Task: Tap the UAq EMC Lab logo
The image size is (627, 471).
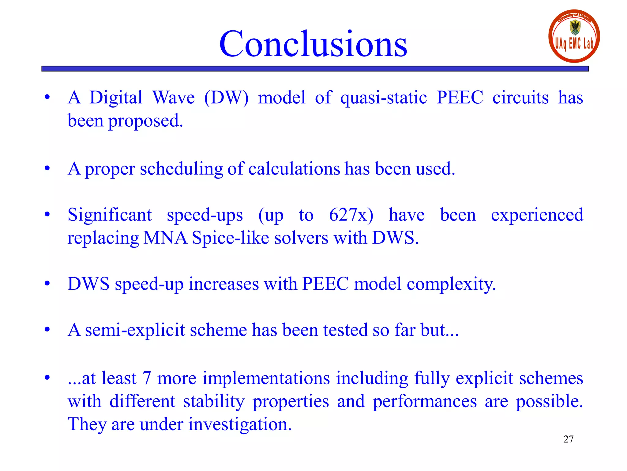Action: (574, 36)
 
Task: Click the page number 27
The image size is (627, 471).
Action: (568, 439)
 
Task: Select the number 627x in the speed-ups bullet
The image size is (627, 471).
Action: (351, 215)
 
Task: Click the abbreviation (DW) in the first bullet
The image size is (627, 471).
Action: (226, 98)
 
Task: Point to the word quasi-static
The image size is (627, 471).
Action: (383, 98)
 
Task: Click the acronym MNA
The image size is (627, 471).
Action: (165, 238)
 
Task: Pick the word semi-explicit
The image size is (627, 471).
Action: (135, 330)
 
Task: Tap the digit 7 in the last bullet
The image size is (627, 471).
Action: (147, 378)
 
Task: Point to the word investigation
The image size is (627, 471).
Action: (240, 424)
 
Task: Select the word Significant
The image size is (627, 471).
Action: (110, 215)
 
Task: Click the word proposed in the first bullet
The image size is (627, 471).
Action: (145, 121)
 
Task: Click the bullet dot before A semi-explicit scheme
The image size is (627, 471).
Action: (47, 330)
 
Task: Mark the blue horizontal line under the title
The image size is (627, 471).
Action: (315, 69)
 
